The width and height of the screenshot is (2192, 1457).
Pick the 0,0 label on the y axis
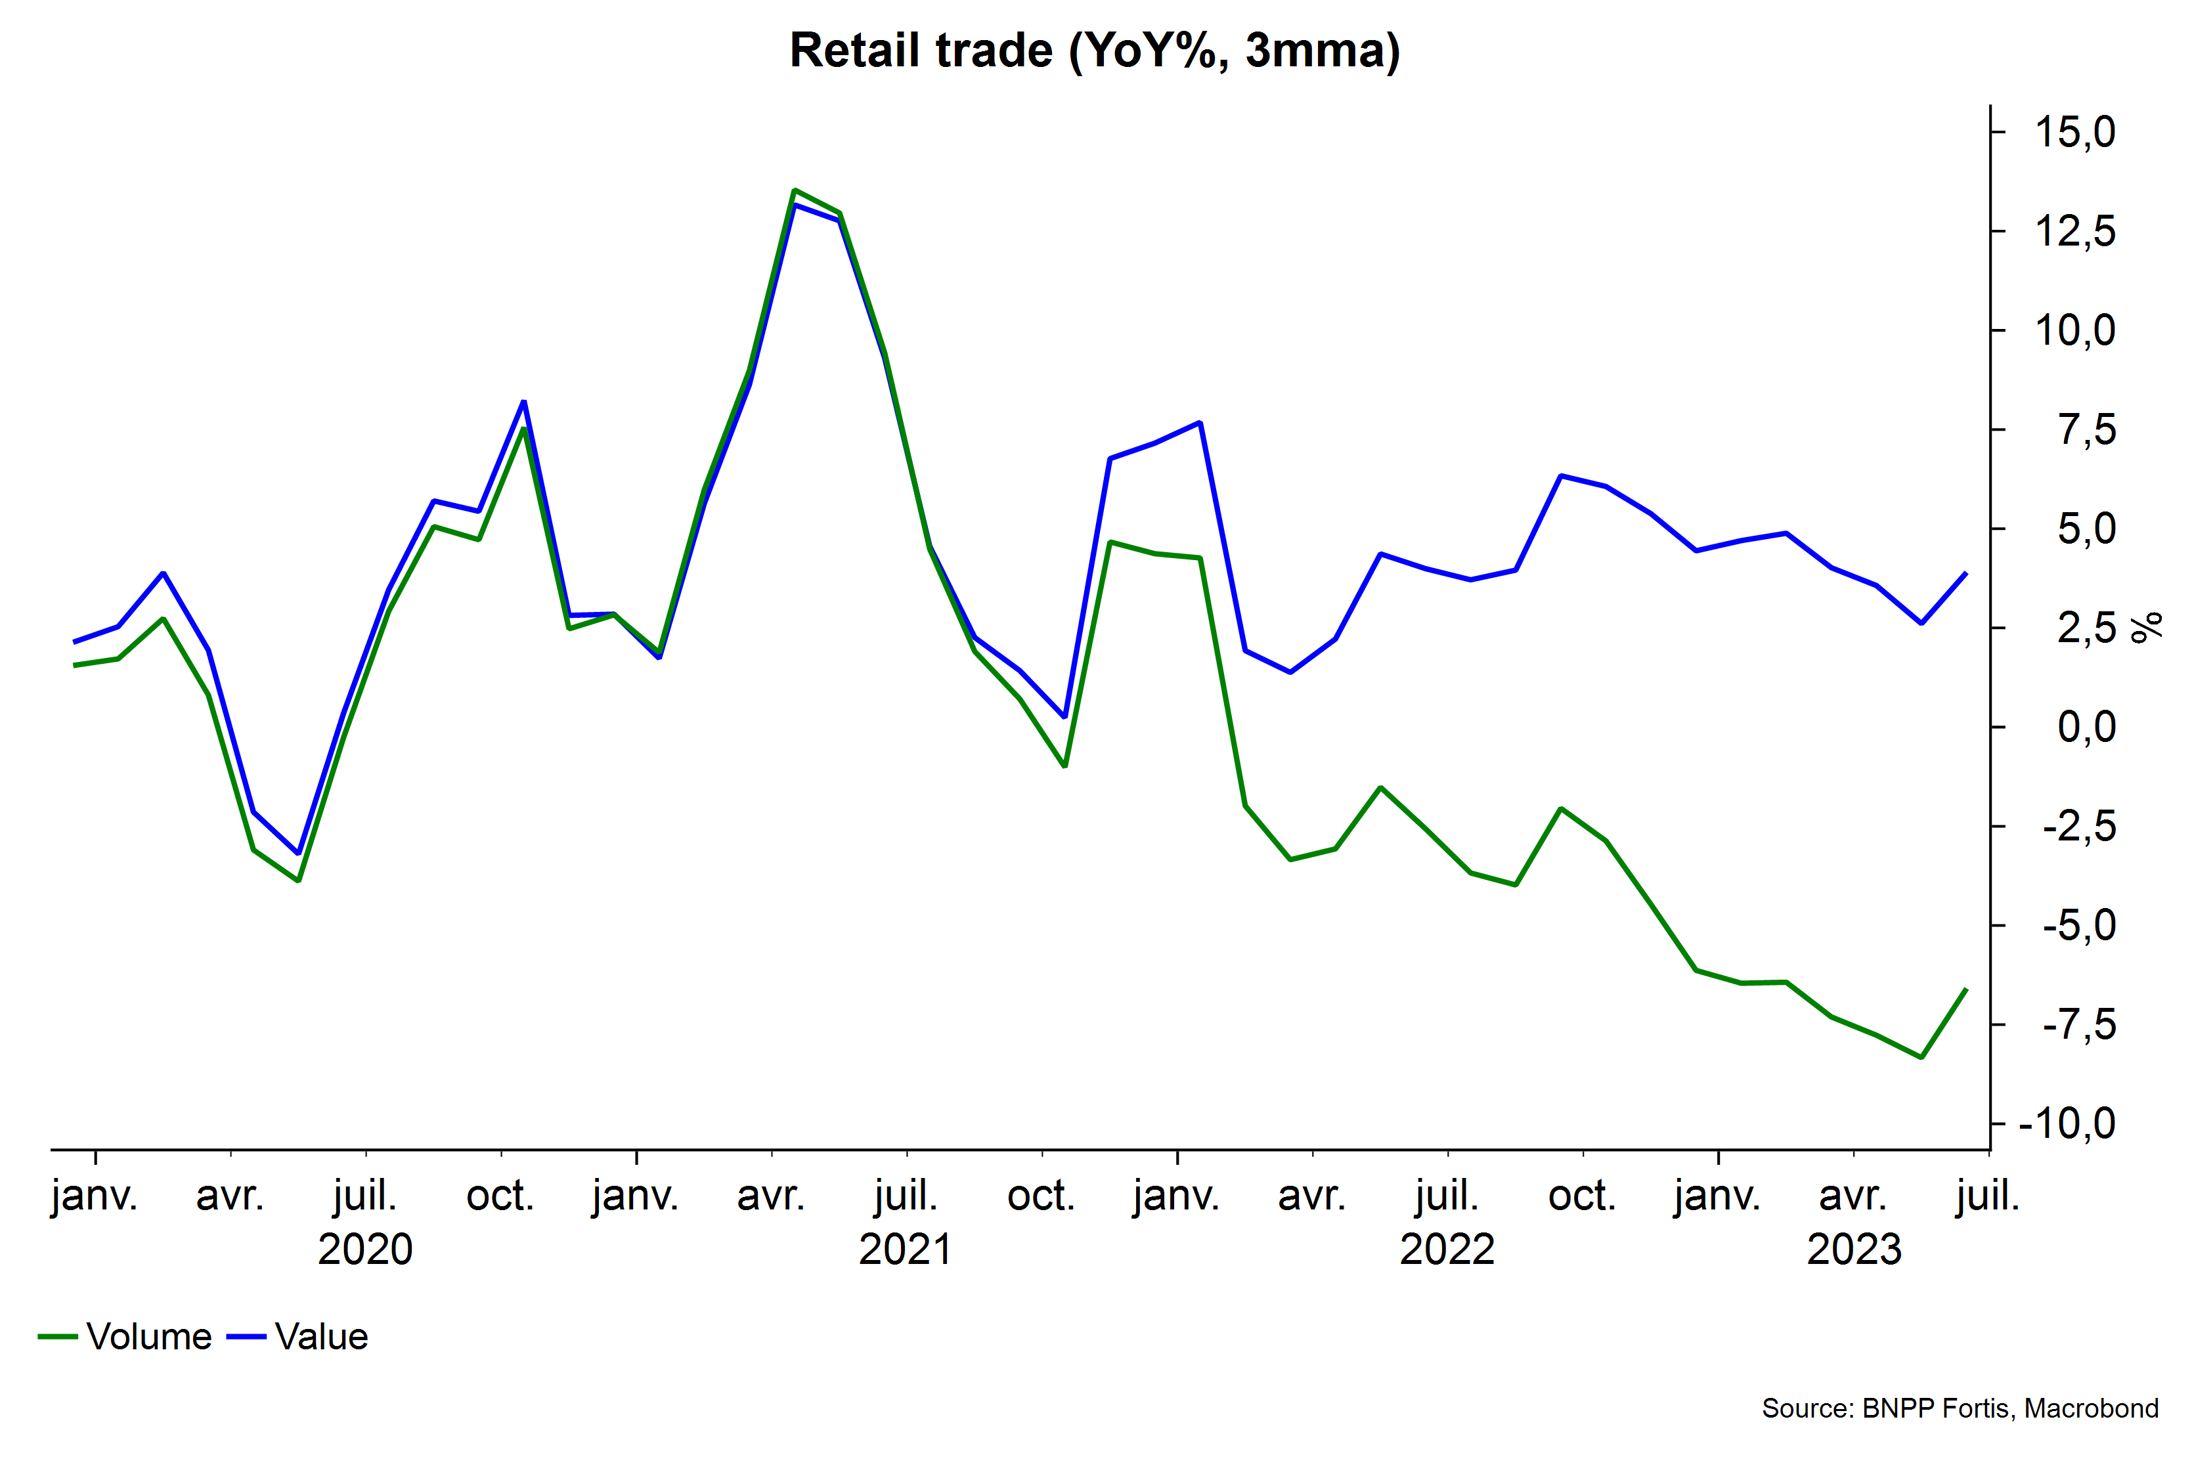click(2086, 727)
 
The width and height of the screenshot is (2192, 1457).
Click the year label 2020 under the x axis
click(365, 1249)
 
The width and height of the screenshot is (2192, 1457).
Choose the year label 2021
click(906, 1249)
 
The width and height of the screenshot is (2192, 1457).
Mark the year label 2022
click(1447, 1249)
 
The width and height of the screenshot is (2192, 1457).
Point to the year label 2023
click(1854, 1249)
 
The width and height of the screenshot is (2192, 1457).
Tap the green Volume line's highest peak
click(795, 190)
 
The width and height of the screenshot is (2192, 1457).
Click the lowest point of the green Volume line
click(1921, 1057)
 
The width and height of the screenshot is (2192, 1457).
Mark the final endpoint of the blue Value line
click(1966, 573)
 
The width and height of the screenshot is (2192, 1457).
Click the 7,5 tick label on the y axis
click(2086, 430)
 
